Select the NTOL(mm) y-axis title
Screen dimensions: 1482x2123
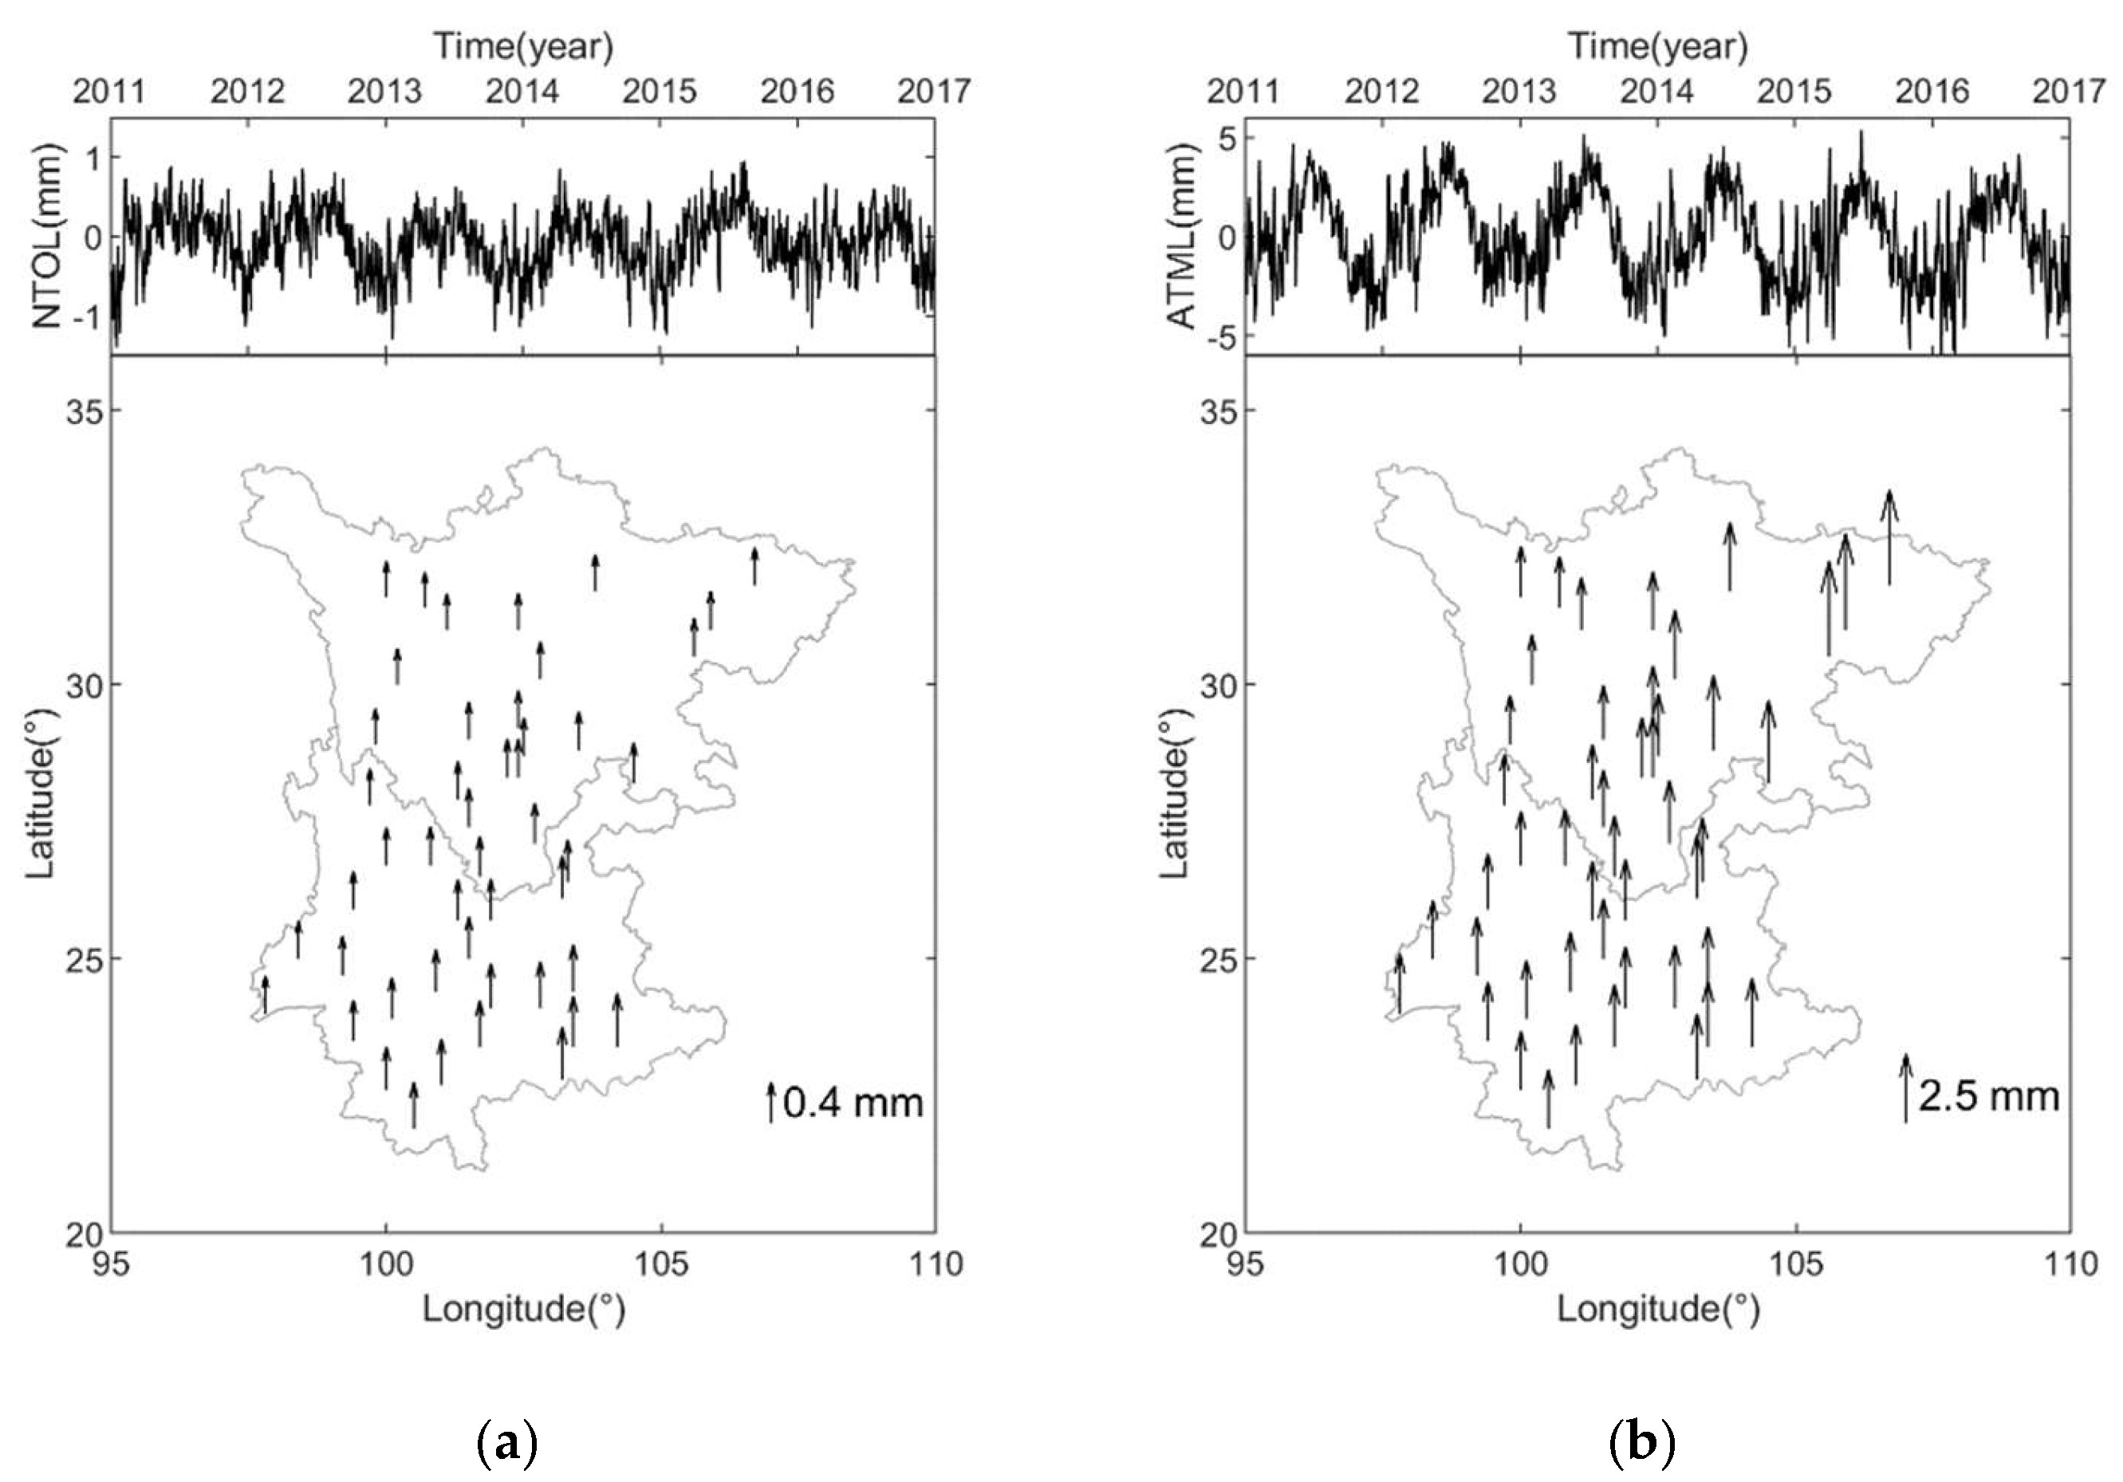(x=48, y=237)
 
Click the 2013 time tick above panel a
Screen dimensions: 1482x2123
(x=384, y=92)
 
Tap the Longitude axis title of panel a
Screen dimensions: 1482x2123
(x=523, y=1309)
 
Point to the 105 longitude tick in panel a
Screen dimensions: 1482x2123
(x=661, y=1263)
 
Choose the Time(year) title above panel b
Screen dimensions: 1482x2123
(x=1657, y=46)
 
